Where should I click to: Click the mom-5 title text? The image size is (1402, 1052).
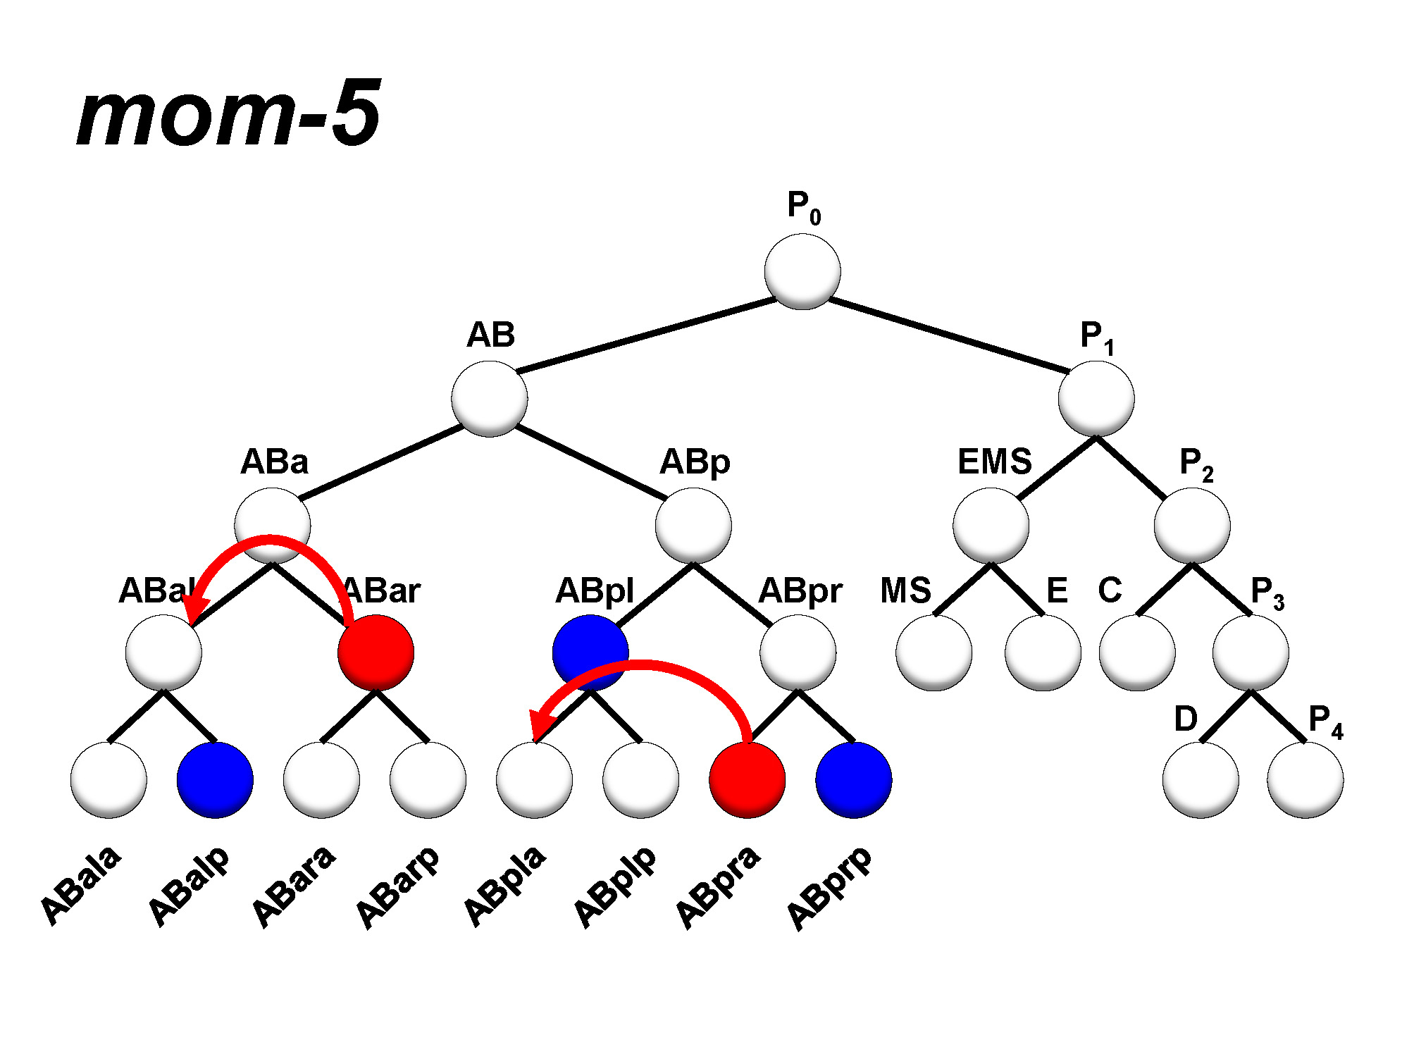coord(229,114)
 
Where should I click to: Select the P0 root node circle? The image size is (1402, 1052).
coord(802,271)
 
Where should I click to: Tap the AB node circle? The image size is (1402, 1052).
coord(490,399)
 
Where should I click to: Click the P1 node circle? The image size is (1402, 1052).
coord(1096,399)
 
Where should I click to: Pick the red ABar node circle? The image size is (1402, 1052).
coord(376,652)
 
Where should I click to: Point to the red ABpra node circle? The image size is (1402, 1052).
coord(747,781)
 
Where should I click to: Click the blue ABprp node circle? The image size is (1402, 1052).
coord(854,780)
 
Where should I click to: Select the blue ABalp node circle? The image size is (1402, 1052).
coord(215,780)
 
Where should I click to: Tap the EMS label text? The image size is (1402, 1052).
coord(994,462)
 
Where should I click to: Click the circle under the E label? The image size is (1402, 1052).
coord(1043,652)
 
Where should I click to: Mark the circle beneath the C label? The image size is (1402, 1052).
coord(1137,652)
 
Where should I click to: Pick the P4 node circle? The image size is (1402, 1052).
coord(1305,780)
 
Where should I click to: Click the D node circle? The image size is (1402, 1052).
coord(1201,780)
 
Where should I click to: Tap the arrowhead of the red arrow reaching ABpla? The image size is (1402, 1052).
coord(541,724)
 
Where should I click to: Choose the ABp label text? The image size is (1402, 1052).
coord(695,463)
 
